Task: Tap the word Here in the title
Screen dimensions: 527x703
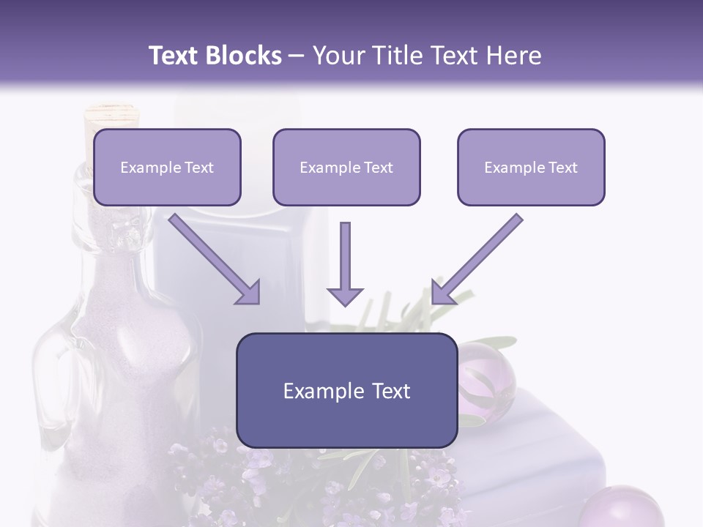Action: pyautogui.click(x=513, y=56)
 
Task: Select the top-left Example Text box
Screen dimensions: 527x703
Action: pyautogui.click(x=167, y=168)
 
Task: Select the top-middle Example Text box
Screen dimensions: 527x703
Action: pyautogui.click(x=346, y=168)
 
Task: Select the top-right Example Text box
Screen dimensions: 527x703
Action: pyautogui.click(x=531, y=168)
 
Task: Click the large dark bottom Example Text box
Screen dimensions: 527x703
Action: pyautogui.click(x=347, y=391)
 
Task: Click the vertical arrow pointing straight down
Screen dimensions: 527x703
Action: pyautogui.click(x=345, y=263)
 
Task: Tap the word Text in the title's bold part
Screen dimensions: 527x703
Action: pyautogui.click(x=174, y=56)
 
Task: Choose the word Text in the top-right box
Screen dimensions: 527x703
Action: pyautogui.click(x=562, y=168)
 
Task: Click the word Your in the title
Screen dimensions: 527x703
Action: pyautogui.click(x=338, y=56)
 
